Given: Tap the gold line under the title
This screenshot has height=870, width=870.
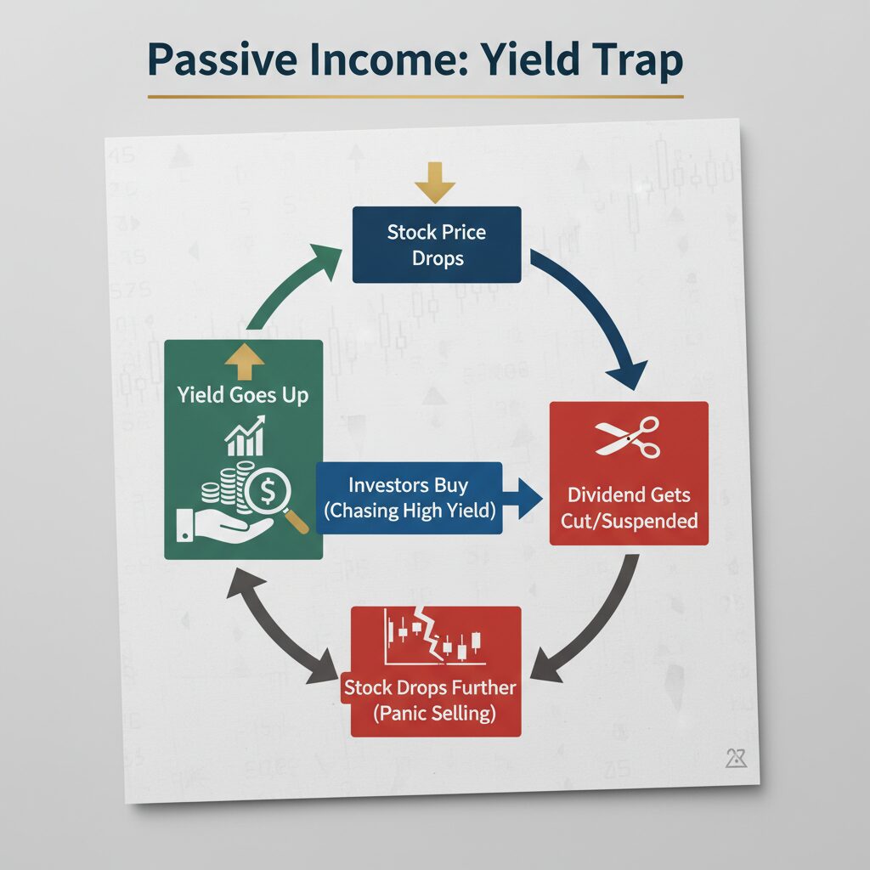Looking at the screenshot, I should tap(415, 96).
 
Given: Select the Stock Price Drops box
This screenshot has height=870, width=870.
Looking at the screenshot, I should tap(436, 245).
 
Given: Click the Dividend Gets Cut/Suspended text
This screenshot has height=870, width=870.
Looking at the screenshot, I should tap(629, 507).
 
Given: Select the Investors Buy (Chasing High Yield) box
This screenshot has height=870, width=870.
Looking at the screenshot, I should tap(408, 498).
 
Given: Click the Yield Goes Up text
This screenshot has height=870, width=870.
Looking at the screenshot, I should tap(243, 394).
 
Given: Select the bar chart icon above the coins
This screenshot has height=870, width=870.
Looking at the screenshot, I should tap(245, 435).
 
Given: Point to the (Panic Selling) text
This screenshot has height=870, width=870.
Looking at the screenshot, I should tap(435, 712).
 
